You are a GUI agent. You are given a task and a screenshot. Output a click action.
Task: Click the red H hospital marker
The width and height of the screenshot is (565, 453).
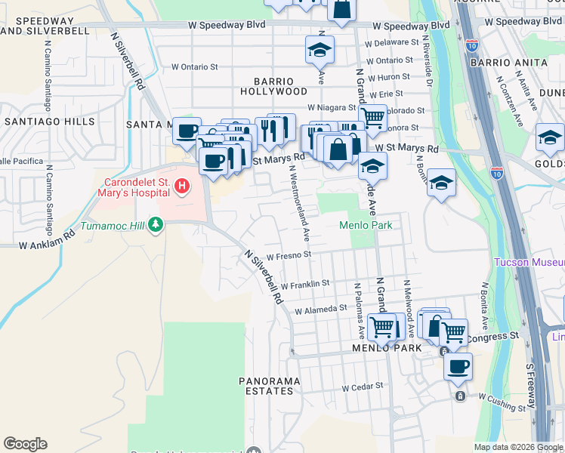tap(182, 186)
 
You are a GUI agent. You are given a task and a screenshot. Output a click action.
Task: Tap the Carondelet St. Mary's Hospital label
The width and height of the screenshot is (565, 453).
tap(132, 187)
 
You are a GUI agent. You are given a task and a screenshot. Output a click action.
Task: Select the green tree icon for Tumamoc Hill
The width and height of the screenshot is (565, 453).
tap(156, 224)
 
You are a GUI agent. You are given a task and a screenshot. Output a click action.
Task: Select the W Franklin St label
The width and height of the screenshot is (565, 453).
tap(305, 285)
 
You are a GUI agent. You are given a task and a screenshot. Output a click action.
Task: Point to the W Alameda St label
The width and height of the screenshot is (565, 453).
tap(320, 309)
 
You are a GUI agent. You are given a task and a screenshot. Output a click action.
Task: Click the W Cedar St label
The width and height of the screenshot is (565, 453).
tap(363, 387)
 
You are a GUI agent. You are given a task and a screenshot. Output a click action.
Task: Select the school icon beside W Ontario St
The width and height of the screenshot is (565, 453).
tap(320, 51)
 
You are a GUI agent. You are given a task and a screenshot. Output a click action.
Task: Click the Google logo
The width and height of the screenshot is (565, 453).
tap(25, 444)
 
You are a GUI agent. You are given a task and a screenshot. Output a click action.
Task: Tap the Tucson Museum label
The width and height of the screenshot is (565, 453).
tap(529, 263)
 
